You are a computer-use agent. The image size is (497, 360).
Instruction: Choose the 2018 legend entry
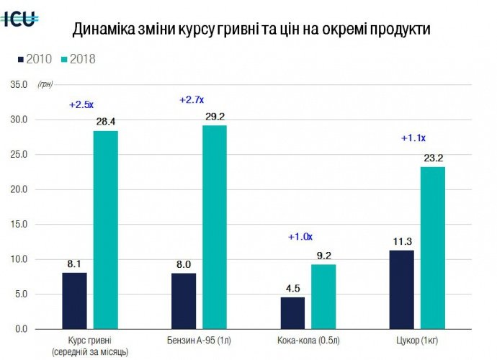(x=79, y=60)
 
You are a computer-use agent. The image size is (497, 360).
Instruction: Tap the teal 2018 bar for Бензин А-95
(x=214, y=227)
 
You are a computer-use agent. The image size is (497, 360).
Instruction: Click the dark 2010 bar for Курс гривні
(x=74, y=300)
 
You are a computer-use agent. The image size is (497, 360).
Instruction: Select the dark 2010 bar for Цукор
(x=402, y=289)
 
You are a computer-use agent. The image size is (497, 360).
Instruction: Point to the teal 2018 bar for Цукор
(x=433, y=248)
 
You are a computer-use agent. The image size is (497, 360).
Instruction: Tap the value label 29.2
(x=214, y=117)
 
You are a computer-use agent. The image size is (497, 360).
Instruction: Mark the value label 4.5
(x=292, y=289)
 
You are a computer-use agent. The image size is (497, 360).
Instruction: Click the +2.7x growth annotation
(x=192, y=99)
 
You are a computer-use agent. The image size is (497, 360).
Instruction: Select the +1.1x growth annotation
(x=413, y=138)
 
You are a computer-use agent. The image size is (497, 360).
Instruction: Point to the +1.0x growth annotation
(x=300, y=236)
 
